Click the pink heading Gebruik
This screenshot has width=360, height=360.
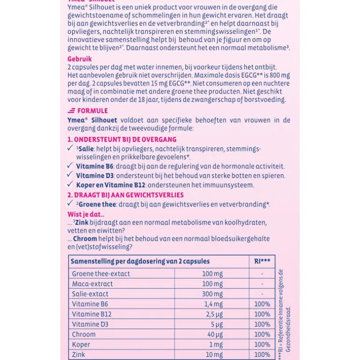[x=79, y=59]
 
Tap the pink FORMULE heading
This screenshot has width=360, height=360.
[x=93, y=111]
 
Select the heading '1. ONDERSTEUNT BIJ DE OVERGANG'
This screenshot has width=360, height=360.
[x=122, y=139]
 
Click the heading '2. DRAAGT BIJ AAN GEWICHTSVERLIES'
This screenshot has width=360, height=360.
[x=125, y=195]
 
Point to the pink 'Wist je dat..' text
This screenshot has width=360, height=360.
[x=86, y=215]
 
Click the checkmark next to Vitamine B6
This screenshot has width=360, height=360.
[x=70, y=166]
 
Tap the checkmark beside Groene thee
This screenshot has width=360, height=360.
[x=70, y=203]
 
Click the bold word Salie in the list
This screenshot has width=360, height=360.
[x=86, y=149]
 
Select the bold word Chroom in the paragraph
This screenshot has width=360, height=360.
[x=85, y=238]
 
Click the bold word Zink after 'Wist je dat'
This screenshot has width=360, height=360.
[x=82, y=223]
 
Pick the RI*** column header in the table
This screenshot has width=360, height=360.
[x=262, y=261]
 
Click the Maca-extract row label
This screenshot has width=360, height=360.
[x=93, y=284]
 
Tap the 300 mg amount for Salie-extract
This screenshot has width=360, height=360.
[x=212, y=294]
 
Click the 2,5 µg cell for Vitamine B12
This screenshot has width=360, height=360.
[x=214, y=314]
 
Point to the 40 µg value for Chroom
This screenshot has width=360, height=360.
[x=215, y=334]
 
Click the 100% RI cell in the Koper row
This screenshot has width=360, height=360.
[x=262, y=345]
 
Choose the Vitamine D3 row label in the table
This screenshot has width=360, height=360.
[x=90, y=324]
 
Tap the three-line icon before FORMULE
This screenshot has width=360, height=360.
[x=71, y=111]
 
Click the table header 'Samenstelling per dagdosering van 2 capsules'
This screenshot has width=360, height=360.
[x=140, y=261]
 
